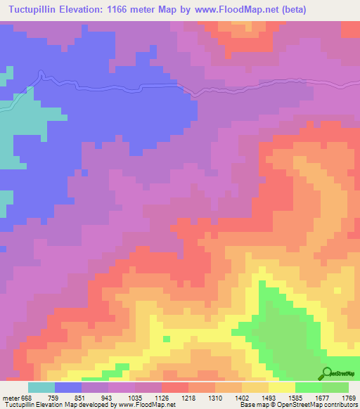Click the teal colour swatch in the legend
pyautogui.click(x=41, y=387)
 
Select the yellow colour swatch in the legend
pyautogui.click(x=281, y=387)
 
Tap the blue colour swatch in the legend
pyautogui.click(x=68, y=387)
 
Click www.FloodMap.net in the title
pyautogui.click(x=263, y=10)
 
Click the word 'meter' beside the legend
pyautogui.click(x=9, y=397)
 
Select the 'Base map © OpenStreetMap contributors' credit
pyautogui.click(x=300, y=405)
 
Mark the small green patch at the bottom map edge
pyautogui.click(x=121, y=367)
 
